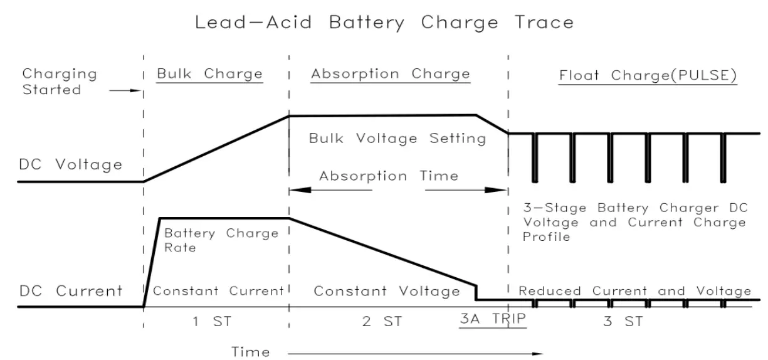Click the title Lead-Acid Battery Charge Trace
[x=384, y=23]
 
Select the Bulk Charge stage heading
[x=209, y=74]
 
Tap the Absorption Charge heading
[x=390, y=74]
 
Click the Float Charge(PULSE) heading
[x=648, y=75]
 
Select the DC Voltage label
[x=70, y=165]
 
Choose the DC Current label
[x=70, y=291]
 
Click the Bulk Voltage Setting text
[x=397, y=139]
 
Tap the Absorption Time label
[x=388, y=176]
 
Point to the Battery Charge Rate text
[x=221, y=240]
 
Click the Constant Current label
[x=218, y=291]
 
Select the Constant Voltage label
[x=387, y=291]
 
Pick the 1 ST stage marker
[x=213, y=322]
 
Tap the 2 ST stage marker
[x=382, y=322]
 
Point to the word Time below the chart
[x=251, y=352]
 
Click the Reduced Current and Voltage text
[x=634, y=291]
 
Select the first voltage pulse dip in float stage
[x=534, y=157]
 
